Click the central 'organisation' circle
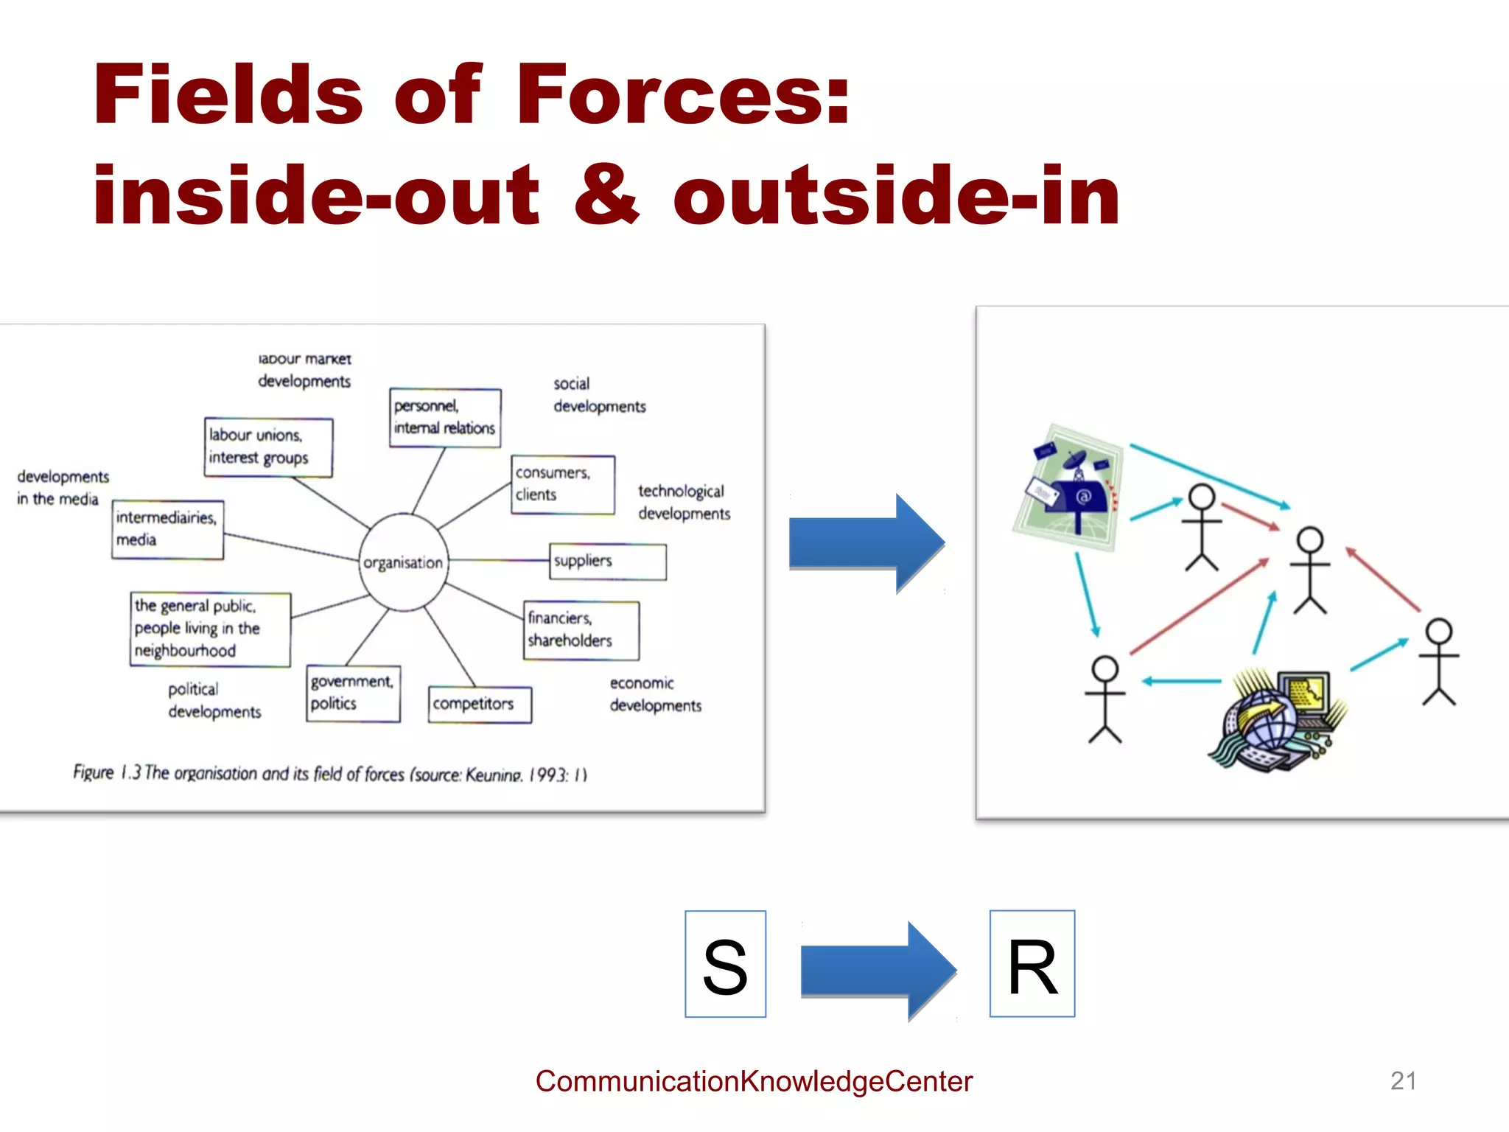[x=403, y=562]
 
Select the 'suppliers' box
[x=608, y=562]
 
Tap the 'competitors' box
[x=480, y=705]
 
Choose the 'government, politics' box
[x=353, y=693]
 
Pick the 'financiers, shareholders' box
[x=581, y=630]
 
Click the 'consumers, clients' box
[x=563, y=484]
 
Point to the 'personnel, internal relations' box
[x=445, y=417]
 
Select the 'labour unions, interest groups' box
[x=268, y=447]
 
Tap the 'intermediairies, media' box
[x=167, y=529]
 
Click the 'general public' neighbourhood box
[x=210, y=629]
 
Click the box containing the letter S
[x=725, y=964]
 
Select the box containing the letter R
[x=1032, y=964]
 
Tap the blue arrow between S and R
[x=877, y=971]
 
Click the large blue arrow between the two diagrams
[x=866, y=543]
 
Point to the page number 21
[x=1403, y=1080]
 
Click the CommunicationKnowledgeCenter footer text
[x=754, y=1081]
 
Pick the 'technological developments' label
[x=684, y=502]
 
